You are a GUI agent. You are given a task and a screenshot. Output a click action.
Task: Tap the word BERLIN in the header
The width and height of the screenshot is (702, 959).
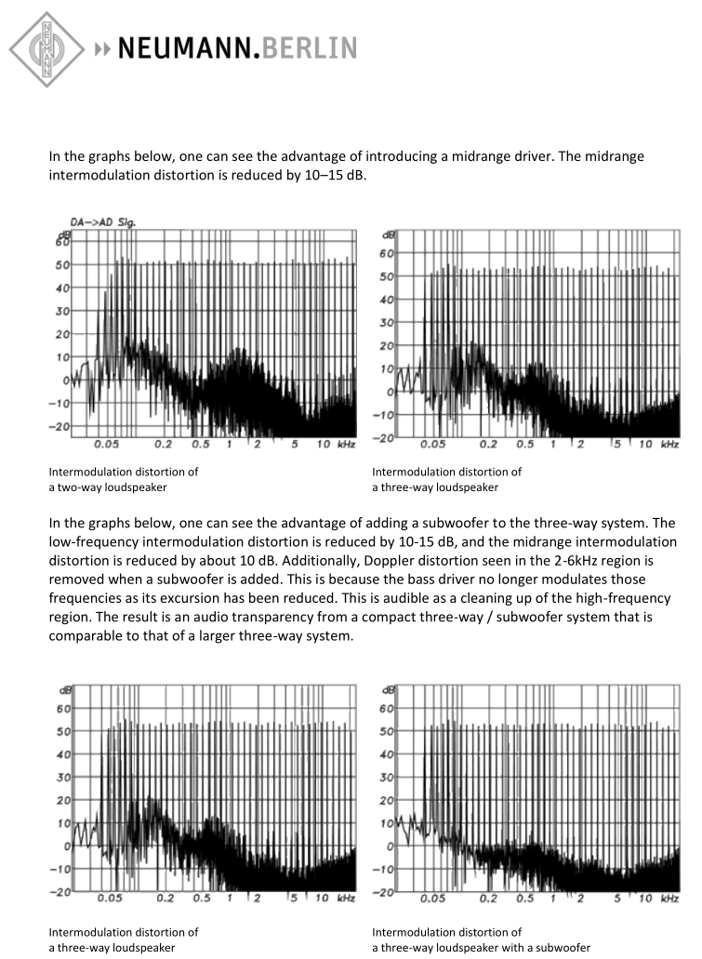point(308,47)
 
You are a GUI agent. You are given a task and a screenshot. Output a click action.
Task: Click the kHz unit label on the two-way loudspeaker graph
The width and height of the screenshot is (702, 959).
point(345,446)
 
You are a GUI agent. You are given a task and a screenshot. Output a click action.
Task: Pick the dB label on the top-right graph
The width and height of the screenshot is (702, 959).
point(391,236)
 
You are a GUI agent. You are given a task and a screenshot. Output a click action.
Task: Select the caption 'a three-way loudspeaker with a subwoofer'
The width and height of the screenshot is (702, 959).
point(481,948)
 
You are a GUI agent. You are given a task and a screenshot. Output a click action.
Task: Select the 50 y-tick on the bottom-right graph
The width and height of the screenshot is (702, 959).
point(388,732)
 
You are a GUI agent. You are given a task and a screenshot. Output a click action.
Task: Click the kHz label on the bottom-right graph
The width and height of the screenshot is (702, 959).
point(669,899)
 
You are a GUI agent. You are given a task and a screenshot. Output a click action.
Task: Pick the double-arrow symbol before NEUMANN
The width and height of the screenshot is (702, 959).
point(103,47)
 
